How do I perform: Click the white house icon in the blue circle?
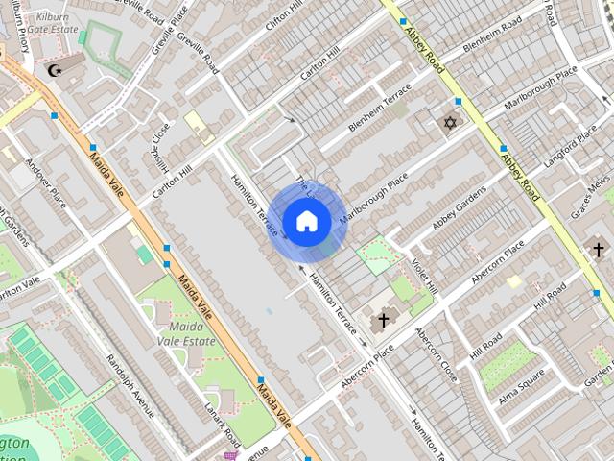pyautogui.click(x=306, y=222)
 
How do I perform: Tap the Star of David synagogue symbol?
pyautogui.click(x=448, y=123)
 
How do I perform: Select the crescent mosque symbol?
pyautogui.click(x=54, y=69)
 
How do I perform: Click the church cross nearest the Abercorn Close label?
pyautogui.click(x=383, y=319)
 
